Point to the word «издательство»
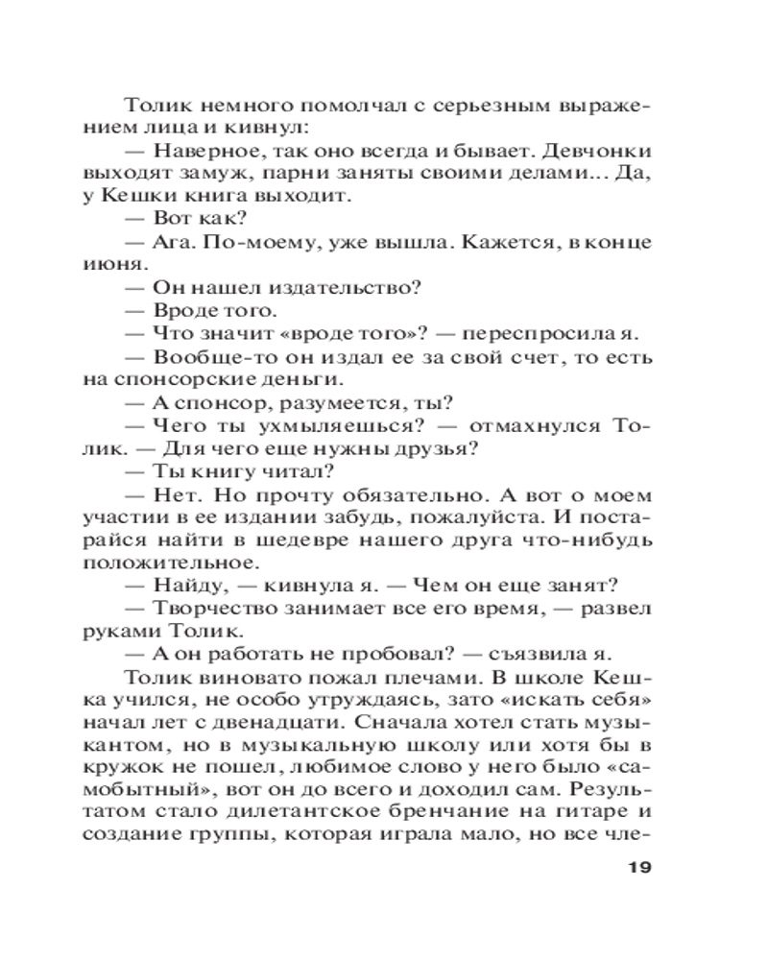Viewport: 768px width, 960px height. (350, 287)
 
